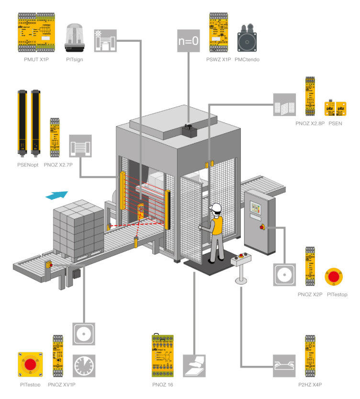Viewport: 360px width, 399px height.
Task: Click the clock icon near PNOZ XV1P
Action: [84, 366]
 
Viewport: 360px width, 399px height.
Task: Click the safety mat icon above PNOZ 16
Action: [194, 366]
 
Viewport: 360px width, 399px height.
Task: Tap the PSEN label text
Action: [335, 123]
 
